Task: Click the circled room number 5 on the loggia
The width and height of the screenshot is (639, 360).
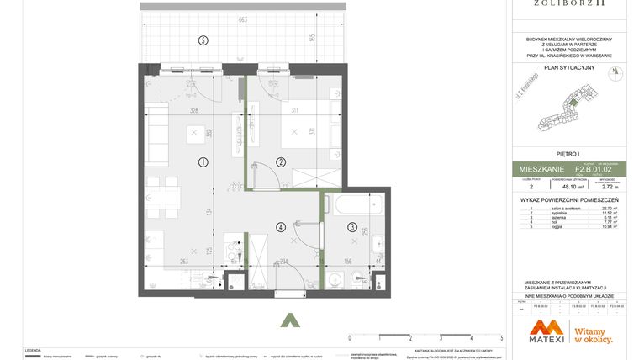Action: coord(203,40)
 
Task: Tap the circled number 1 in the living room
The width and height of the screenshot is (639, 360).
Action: coord(203,161)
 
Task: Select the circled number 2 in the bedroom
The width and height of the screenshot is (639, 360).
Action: coord(281,161)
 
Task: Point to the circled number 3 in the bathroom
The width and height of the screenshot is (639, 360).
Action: coord(351,225)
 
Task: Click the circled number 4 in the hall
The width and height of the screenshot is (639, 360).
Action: coord(281,225)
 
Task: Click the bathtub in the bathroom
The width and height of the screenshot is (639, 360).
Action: coord(354,204)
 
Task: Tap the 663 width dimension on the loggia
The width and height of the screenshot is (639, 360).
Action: coord(242,19)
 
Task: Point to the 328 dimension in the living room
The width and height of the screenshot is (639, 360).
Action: coord(193,110)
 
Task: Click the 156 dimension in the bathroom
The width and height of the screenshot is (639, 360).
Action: coord(346,261)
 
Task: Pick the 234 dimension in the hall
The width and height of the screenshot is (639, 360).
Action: coord(283,261)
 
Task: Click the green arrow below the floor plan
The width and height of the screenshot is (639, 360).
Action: coord(289,320)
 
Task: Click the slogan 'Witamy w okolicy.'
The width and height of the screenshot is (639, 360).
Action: coord(593,335)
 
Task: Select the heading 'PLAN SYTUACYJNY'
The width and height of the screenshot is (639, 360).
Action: coord(569,67)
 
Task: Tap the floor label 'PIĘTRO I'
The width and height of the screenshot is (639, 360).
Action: coord(569,154)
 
